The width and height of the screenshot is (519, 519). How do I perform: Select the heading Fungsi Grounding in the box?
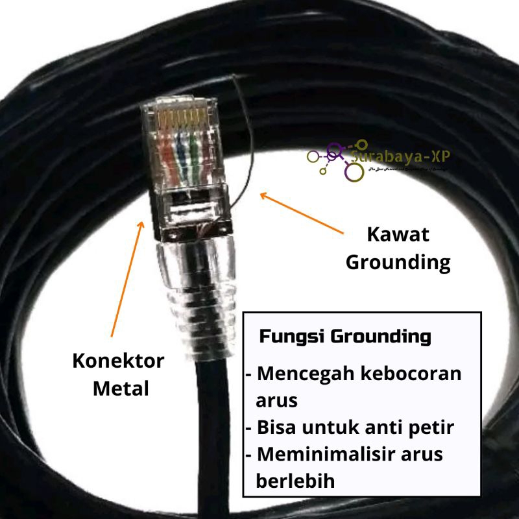tap(345, 337)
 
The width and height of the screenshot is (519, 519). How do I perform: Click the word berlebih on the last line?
tap(296, 481)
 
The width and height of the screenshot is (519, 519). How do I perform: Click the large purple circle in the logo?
tap(354, 172)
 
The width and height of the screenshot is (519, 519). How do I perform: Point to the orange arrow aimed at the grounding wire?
tap(302, 213)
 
